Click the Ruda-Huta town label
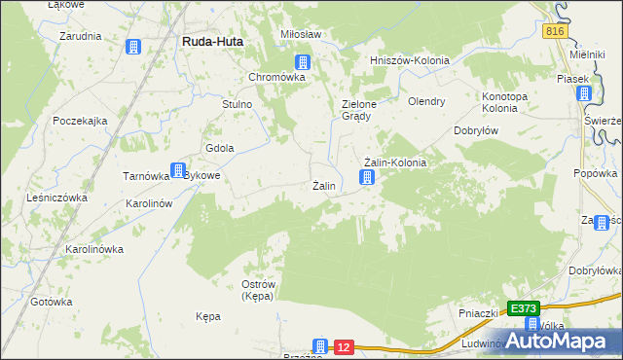coord(212,42)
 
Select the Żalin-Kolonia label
coord(394,162)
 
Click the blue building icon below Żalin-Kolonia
coord(367,177)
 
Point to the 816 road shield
coord(554,32)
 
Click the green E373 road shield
coord(524,308)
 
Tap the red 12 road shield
coord(343,345)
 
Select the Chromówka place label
coord(278,77)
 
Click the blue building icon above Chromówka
coord(303,61)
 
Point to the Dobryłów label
coord(477,129)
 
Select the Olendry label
coord(426,100)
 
